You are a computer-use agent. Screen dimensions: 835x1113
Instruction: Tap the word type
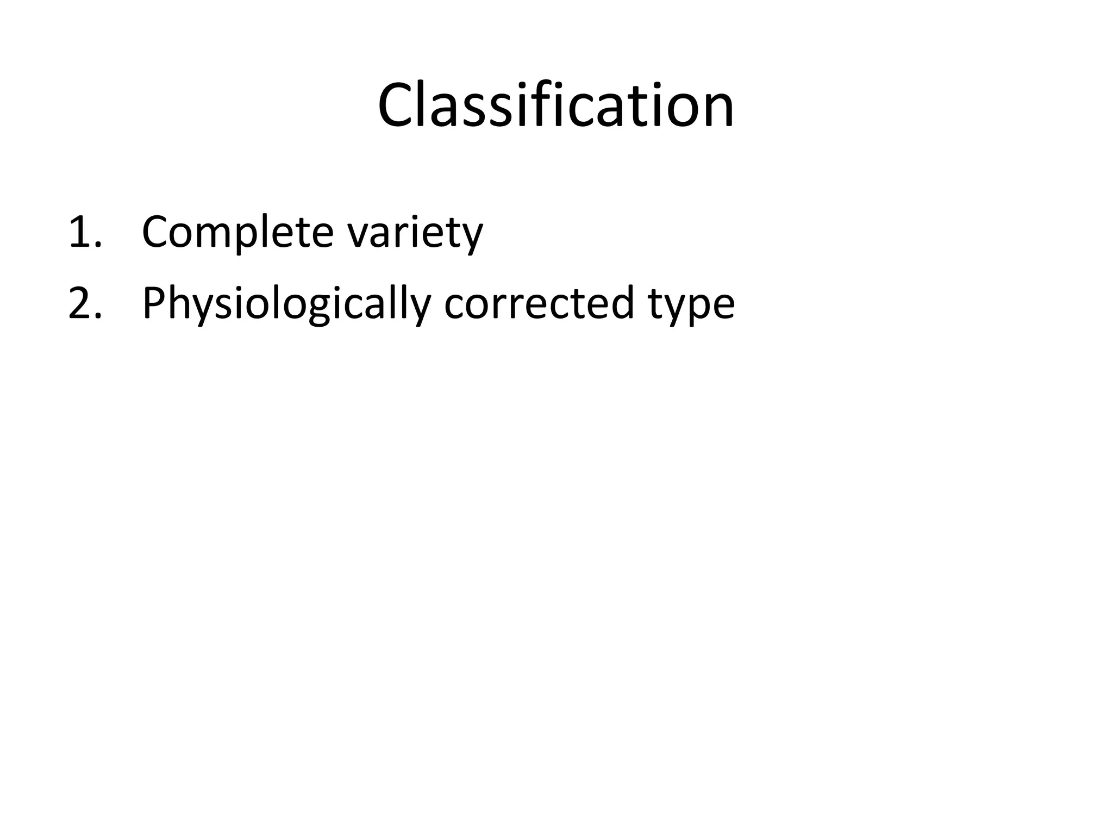691,306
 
